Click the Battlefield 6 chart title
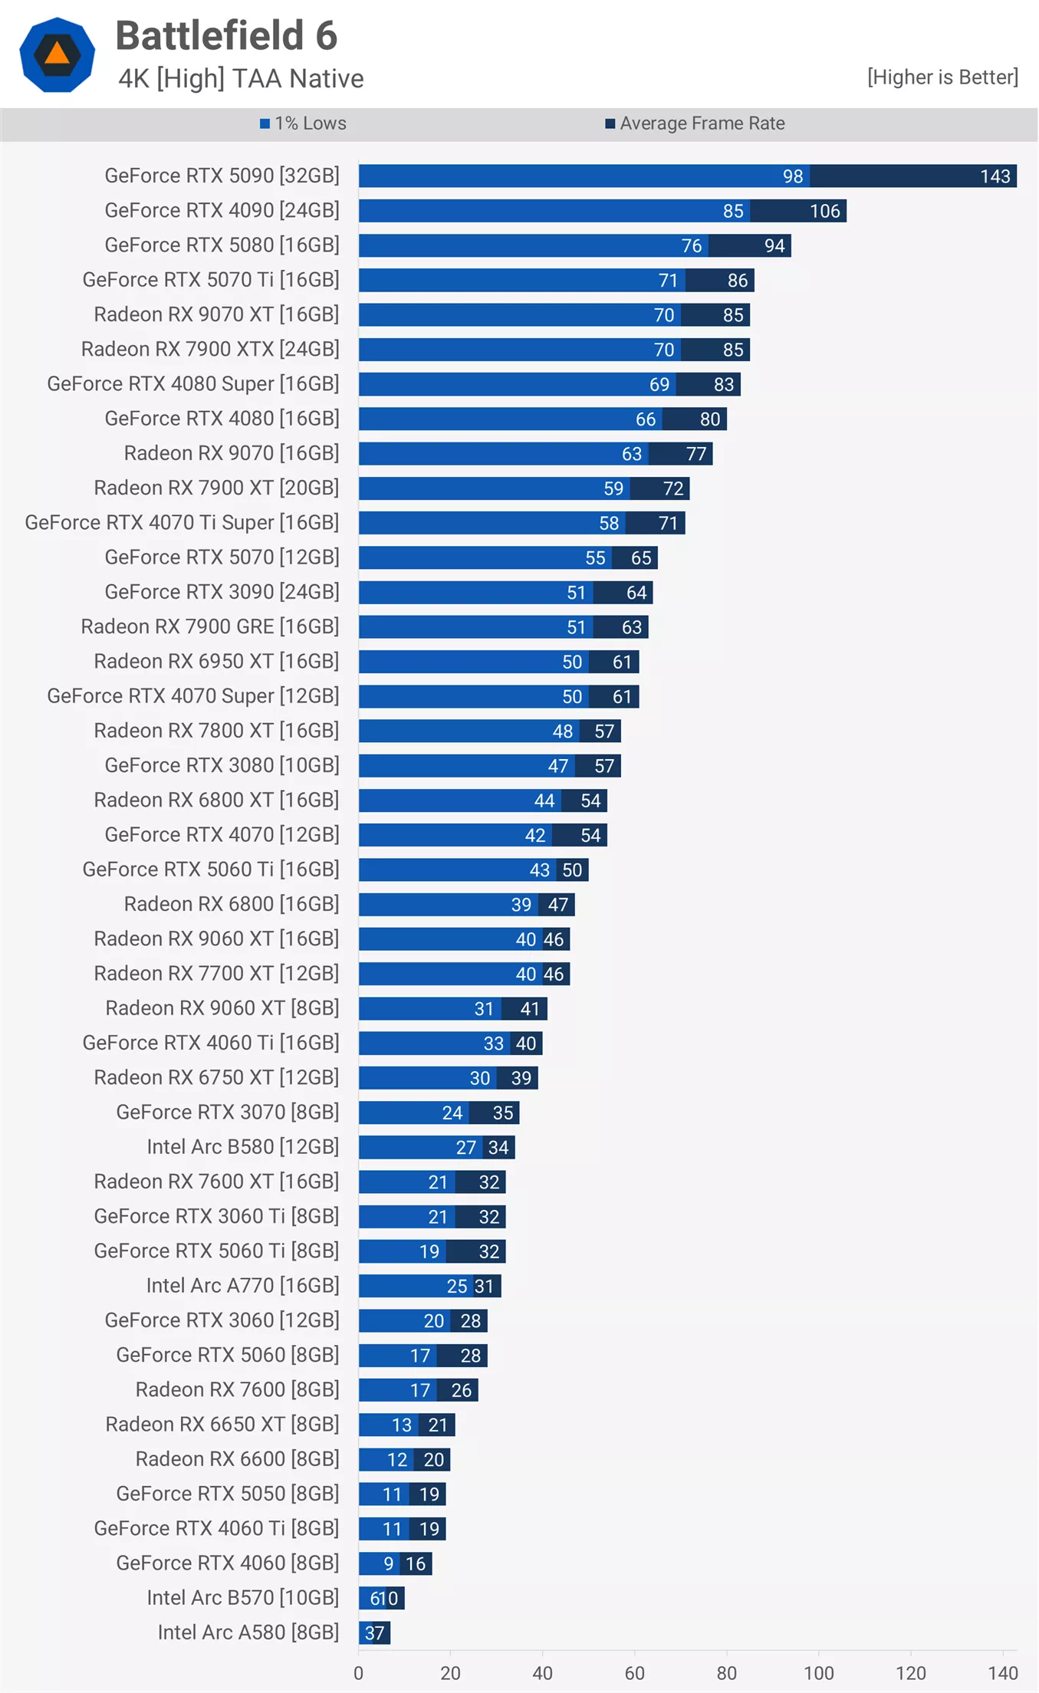(226, 36)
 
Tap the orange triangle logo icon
(58, 54)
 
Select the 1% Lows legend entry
(303, 123)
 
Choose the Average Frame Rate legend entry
(695, 123)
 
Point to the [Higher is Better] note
(942, 77)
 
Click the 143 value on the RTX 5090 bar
(995, 176)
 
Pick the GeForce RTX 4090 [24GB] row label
(222, 210)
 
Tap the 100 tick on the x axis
(818, 1673)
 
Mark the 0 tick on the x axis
(359, 1673)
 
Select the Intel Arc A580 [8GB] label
(248, 1632)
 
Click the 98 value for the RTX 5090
(792, 176)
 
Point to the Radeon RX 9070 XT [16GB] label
(216, 314)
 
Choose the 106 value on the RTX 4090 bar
(825, 211)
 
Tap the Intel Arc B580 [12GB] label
(242, 1147)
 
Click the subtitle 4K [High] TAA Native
(241, 79)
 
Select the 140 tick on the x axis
(1002, 1673)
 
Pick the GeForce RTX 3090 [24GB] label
(222, 592)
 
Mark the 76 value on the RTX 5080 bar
(691, 246)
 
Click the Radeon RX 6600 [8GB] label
(237, 1459)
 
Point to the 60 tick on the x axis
(634, 1673)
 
